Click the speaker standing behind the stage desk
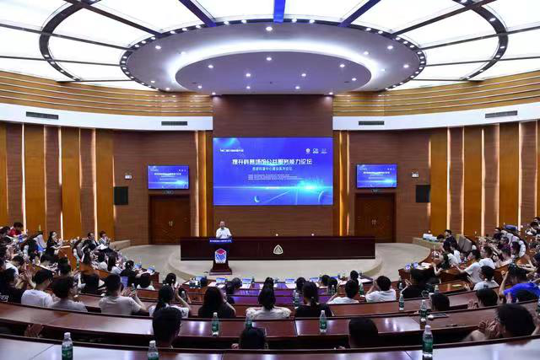click(x=223, y=229)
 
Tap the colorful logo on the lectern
click(x=220, y=256)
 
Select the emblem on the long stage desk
click(x=278, y=250)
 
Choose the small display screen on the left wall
click(x=168, y=177)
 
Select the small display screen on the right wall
click(x=376, y=175)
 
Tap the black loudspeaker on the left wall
click(x=121, y=196)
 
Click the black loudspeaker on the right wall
click(x=423, y=193)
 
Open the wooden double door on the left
click(x=170, y=219)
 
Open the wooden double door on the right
click(x=375, y=218)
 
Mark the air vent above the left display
click(x=174, y=123)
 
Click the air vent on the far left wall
click(x=42, y=116)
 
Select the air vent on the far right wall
click(x=500, y=114)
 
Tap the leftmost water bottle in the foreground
click(x=67, y=346)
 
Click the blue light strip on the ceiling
click(x=278, y=9)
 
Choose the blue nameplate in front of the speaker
click(x=220, y=240)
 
